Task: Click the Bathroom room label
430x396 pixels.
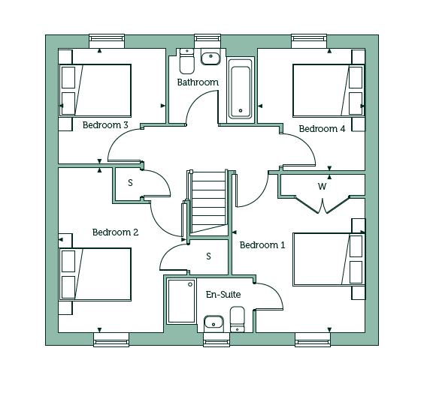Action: point(198,82)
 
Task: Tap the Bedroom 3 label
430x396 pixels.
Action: point(105,125)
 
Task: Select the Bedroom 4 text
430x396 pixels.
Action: point(322,128)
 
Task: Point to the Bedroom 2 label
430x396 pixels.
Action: point(115,232)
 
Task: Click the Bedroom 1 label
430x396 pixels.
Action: point(262,245)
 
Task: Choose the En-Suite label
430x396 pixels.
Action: point(223,295)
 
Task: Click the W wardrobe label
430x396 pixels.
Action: point(322,187)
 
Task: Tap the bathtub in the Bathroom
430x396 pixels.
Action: point(241,89)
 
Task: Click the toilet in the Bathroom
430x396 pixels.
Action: point(187,61)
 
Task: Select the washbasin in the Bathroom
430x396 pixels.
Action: point(210,57)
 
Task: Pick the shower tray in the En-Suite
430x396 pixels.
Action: point(181,301)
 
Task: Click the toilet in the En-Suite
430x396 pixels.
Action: point(238,319)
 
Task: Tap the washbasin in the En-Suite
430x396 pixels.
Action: point(213,324)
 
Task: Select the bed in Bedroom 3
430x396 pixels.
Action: point(95,91)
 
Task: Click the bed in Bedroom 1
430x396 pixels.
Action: point(329,259)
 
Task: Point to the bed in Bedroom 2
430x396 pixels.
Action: point(95,274)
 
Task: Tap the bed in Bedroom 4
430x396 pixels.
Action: point(329,91)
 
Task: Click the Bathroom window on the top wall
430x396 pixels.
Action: point(207,38)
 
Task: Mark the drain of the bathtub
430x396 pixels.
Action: point(241,110)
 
